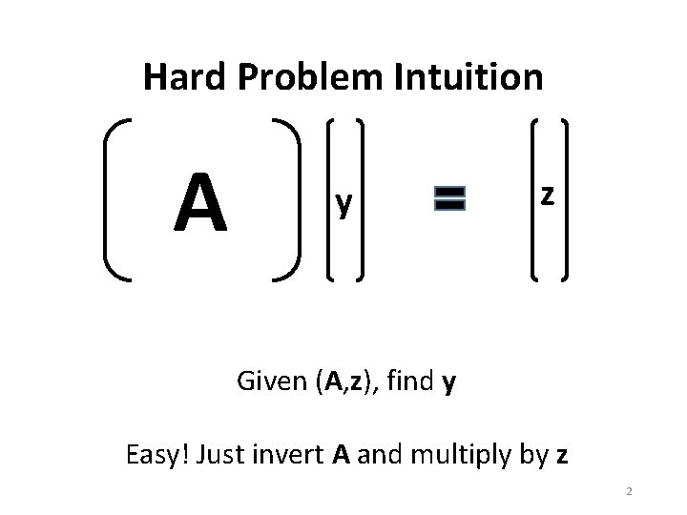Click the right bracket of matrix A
click(x=287, y=199)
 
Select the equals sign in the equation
click(x=448, y=198)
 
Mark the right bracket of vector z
click(x=566, y=199)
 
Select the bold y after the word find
click(x=448, y=384)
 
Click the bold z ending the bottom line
click(x=562, y=456)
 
